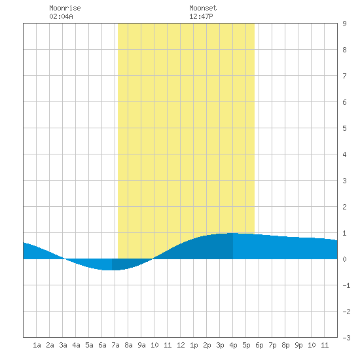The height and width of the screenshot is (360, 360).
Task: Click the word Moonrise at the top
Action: [x=65, y=8]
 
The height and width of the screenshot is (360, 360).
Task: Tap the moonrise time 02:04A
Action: [x=61, y=16]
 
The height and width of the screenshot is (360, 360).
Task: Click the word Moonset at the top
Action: [x=203, y=8]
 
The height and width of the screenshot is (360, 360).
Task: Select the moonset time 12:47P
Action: [x=201, y=16]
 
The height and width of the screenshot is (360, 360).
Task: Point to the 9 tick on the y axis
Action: [x=344, y=24]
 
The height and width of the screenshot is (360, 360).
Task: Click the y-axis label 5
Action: [x=344, y=128]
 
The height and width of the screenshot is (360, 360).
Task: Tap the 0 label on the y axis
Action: [x=344, y=259]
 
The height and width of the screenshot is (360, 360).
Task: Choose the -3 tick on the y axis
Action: [x=346, y=338]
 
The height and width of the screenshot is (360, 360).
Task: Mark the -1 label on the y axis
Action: [x=346, y=285]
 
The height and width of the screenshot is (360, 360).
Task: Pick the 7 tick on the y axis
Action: [x=344, y=76]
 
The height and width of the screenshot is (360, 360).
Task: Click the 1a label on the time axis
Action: [x=37, y=345]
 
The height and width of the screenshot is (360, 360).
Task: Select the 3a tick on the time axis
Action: [x=63, y=345]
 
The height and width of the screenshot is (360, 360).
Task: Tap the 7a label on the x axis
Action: [x=115, y=345]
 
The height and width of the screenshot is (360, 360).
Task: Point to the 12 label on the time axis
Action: [x=181, y=345]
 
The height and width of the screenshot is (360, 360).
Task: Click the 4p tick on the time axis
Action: [x=233, y=345]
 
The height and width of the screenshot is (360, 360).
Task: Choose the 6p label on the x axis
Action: [x=259, y=345]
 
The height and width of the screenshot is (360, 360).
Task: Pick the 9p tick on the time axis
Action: [x=298, y=345]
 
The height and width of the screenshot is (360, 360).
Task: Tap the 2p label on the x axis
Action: [x=207, y=345]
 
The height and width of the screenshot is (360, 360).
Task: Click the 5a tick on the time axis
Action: [x=89, y=345]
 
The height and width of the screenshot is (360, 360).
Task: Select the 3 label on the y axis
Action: [x=344, y=181]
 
